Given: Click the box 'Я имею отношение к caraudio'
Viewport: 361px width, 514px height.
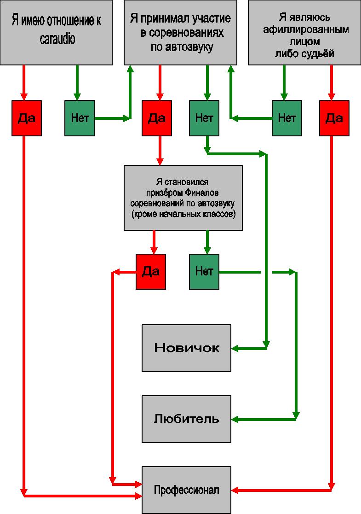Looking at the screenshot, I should pyautogui.click(x=56, y=32).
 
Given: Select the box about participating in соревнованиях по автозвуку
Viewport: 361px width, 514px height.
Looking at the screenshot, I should pyautogui.click(x=180, y=32).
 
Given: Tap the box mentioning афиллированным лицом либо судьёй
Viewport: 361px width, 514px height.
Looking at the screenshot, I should pyautogui.click(x=304, y=32).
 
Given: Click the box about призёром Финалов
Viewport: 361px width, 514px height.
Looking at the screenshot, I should pyautogui.click(x=183, y=198).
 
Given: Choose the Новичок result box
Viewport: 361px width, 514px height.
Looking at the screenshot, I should pyautogui.click(x=186, y=348).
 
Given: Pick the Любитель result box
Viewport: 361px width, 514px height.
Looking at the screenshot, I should pyautogui.click(x=186, y=419).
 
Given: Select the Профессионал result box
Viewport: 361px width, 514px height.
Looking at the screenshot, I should pyautogui.click(x=186, y=490).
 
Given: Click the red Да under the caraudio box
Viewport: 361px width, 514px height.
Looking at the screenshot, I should pyautogui.click(x=27, y=118).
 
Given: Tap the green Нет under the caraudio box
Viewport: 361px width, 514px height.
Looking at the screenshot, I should pyautogui.click(x=80, y=118).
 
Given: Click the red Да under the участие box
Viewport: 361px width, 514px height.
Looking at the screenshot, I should pyautogui.click(x=157, y=118).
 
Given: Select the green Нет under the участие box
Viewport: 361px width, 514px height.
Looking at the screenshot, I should pyautogui.click(x=204, y=118).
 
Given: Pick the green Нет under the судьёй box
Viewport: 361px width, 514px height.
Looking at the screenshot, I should pyautogui.click(x=287, y=118).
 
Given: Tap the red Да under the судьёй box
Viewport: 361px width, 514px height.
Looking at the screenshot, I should pyautogui.click(x=334, y=118).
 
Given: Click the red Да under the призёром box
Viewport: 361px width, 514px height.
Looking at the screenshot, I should pyautogui.click(x=151, y=271).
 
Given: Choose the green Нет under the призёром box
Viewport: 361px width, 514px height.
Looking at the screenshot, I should pyautogui.click(x=204, y=271).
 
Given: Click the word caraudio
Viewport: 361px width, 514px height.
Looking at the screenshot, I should pyautogui.click(x=57, y=40).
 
